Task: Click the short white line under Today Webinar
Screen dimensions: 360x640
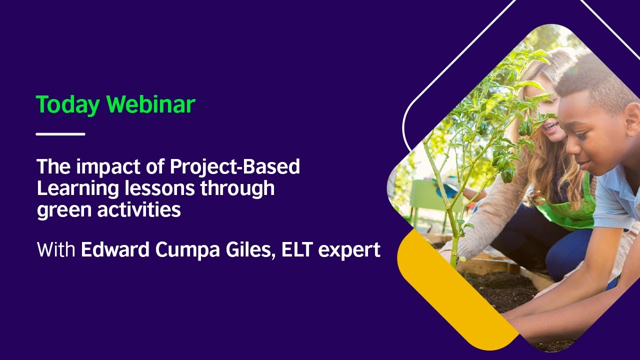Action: click(x=60, y=134)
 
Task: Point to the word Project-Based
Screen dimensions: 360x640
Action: click(x=234, y=167)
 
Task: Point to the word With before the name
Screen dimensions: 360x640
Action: click(x=56, y=249)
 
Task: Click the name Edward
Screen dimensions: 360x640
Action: click(x=117, y=249)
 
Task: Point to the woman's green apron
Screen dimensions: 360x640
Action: click(x=575, y=210)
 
